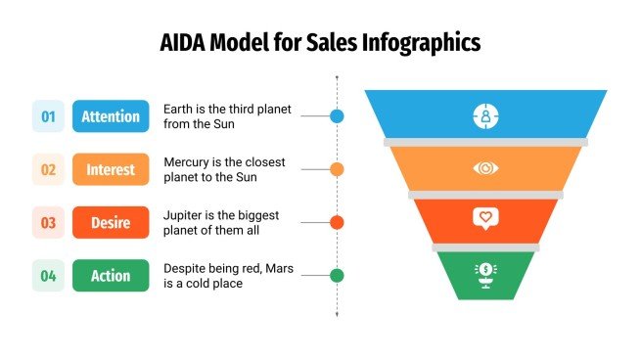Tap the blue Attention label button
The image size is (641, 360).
[x=111, y=116]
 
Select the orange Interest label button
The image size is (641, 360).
[x=111, y=169]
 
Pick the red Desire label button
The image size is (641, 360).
[x=111, y=222]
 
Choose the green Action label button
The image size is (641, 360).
[x=111, y=276]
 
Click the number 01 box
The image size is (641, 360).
[x=48, y=116]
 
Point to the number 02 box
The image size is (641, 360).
[x=48, y=169]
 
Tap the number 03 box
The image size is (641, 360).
[x=48, y=222]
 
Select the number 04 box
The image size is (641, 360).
[x=48, y=276]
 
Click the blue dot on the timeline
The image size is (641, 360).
[x=337, y=115]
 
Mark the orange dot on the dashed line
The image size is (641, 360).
[x=337, y=169]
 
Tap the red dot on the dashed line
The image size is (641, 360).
[x=337, y=222]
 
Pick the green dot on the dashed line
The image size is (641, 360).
[x=337, y=276]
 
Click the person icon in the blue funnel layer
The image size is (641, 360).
[x=485, y=115]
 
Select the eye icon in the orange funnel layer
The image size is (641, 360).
[x=485, y=168]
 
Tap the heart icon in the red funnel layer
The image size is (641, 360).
[x=485, y=218]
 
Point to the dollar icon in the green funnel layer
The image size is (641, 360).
[x=485, y=272]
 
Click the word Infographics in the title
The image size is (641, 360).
[x=421, y=43]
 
